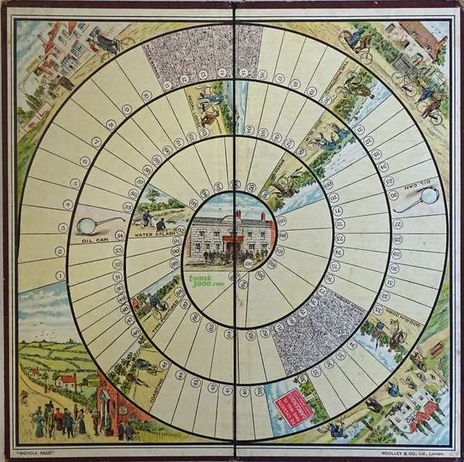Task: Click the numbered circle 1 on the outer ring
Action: (60, 275)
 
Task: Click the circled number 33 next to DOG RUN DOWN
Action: (380, 306)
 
